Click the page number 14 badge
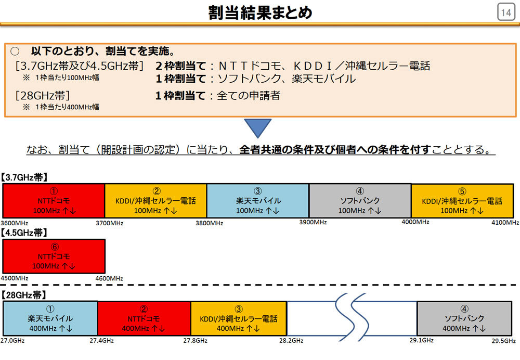(x=506, y=12)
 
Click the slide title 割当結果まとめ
(x=260, y=12)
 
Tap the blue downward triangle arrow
(x=258, y=128)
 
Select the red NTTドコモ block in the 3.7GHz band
(x=54, y=201)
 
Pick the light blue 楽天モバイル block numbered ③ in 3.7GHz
(x=258, y=201)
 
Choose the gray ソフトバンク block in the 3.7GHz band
(x=360, y=201)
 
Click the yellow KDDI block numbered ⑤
(x=462, y=201)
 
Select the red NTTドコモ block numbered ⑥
(x=54, y=256)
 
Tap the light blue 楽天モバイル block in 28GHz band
(x=50, y=318)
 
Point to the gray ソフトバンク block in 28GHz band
(x=464, y=318)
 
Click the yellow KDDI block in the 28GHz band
(x=239, y=318)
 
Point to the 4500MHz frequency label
(x=14, y=278)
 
